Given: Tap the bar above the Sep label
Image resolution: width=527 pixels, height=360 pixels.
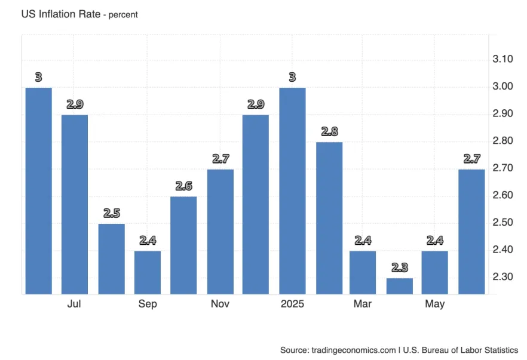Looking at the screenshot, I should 147,272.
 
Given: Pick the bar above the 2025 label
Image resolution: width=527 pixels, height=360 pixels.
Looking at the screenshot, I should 292,191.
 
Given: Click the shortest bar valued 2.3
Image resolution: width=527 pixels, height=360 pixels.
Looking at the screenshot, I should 399,286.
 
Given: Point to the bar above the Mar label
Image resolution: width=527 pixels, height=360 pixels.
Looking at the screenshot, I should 363,272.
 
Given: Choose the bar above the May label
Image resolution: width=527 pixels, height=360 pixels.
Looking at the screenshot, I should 435,272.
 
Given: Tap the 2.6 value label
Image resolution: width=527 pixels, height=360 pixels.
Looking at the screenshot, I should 183,186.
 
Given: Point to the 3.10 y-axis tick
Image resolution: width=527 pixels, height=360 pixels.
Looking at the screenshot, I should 503,60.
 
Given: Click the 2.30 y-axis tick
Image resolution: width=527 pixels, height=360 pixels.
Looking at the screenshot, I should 503,277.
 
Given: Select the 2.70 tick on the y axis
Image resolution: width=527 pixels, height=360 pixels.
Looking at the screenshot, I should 503,168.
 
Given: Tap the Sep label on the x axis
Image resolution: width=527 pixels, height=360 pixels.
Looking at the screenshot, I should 148,304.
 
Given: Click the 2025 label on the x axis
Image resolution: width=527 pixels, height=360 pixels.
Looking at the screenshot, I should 292,304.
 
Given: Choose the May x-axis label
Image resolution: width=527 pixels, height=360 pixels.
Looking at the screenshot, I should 435,304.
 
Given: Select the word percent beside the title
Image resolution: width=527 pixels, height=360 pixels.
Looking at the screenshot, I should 123,14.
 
